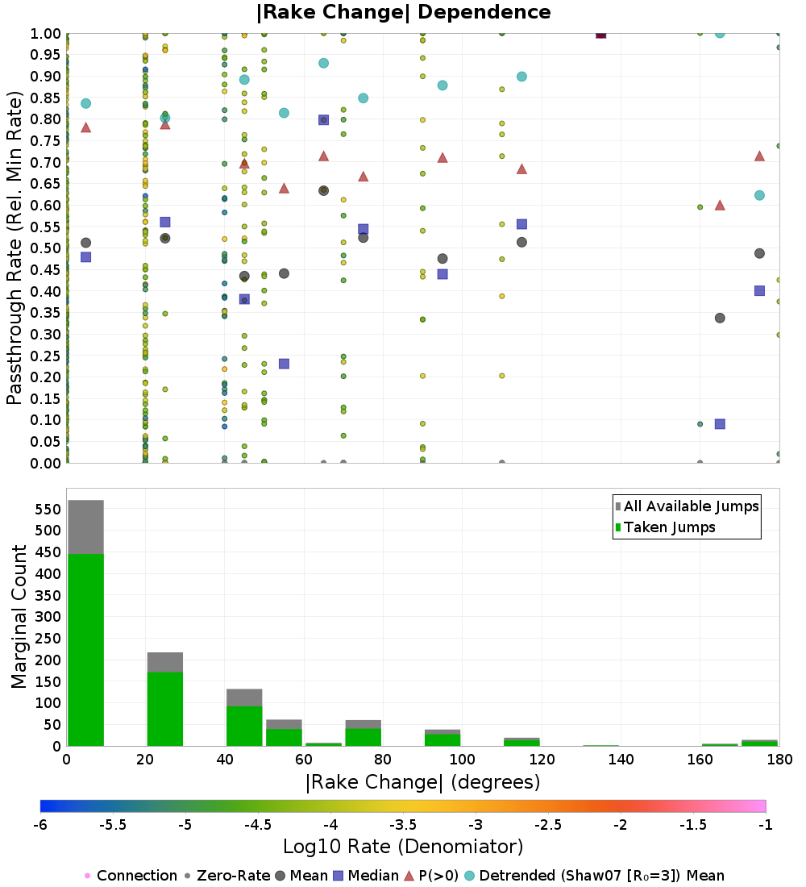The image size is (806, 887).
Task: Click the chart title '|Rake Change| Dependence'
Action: coord(404,12)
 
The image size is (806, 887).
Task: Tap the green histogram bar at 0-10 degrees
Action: coord(85,649)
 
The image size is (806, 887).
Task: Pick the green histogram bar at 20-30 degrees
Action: coord(164,709)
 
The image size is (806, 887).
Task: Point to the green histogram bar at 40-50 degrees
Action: coord(244,726)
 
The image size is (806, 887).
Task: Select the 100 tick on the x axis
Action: coord(462,760)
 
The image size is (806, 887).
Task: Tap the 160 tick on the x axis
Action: coord(699,760)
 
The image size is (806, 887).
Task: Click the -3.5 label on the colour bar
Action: coord(402,824)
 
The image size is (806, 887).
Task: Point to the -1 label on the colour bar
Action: coord(765,824)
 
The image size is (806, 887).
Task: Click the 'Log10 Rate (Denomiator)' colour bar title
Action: coord(403,847)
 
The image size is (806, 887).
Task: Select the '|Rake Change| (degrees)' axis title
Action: coord(422,782)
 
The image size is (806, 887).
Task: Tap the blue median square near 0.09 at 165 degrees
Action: coord(720,424)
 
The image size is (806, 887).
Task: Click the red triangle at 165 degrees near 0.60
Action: coord(720,205)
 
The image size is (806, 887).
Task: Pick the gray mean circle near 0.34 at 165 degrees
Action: coord(720,318)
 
